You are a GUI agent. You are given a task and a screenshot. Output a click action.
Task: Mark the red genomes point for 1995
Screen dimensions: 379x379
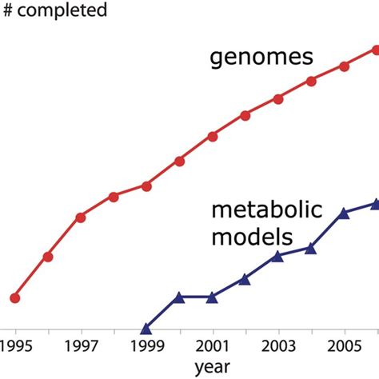point(14,297)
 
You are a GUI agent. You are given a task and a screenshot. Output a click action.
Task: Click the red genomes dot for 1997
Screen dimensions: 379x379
point(81,217)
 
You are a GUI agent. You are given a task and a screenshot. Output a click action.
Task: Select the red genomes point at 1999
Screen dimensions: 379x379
point(146,186)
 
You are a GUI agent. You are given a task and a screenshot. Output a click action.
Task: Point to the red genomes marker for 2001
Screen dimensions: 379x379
point(213,136)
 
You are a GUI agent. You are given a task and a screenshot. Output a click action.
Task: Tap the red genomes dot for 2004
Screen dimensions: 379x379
point(311,80)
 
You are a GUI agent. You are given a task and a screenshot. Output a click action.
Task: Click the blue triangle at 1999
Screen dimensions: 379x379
point(146,329)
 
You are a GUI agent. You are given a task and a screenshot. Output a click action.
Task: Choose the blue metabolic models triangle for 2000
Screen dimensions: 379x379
point(179,297)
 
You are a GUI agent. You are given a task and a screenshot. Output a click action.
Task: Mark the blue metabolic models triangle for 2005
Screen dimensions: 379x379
point(344,213)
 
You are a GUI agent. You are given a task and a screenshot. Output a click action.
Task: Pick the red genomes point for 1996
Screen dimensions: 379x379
point(48,257)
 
